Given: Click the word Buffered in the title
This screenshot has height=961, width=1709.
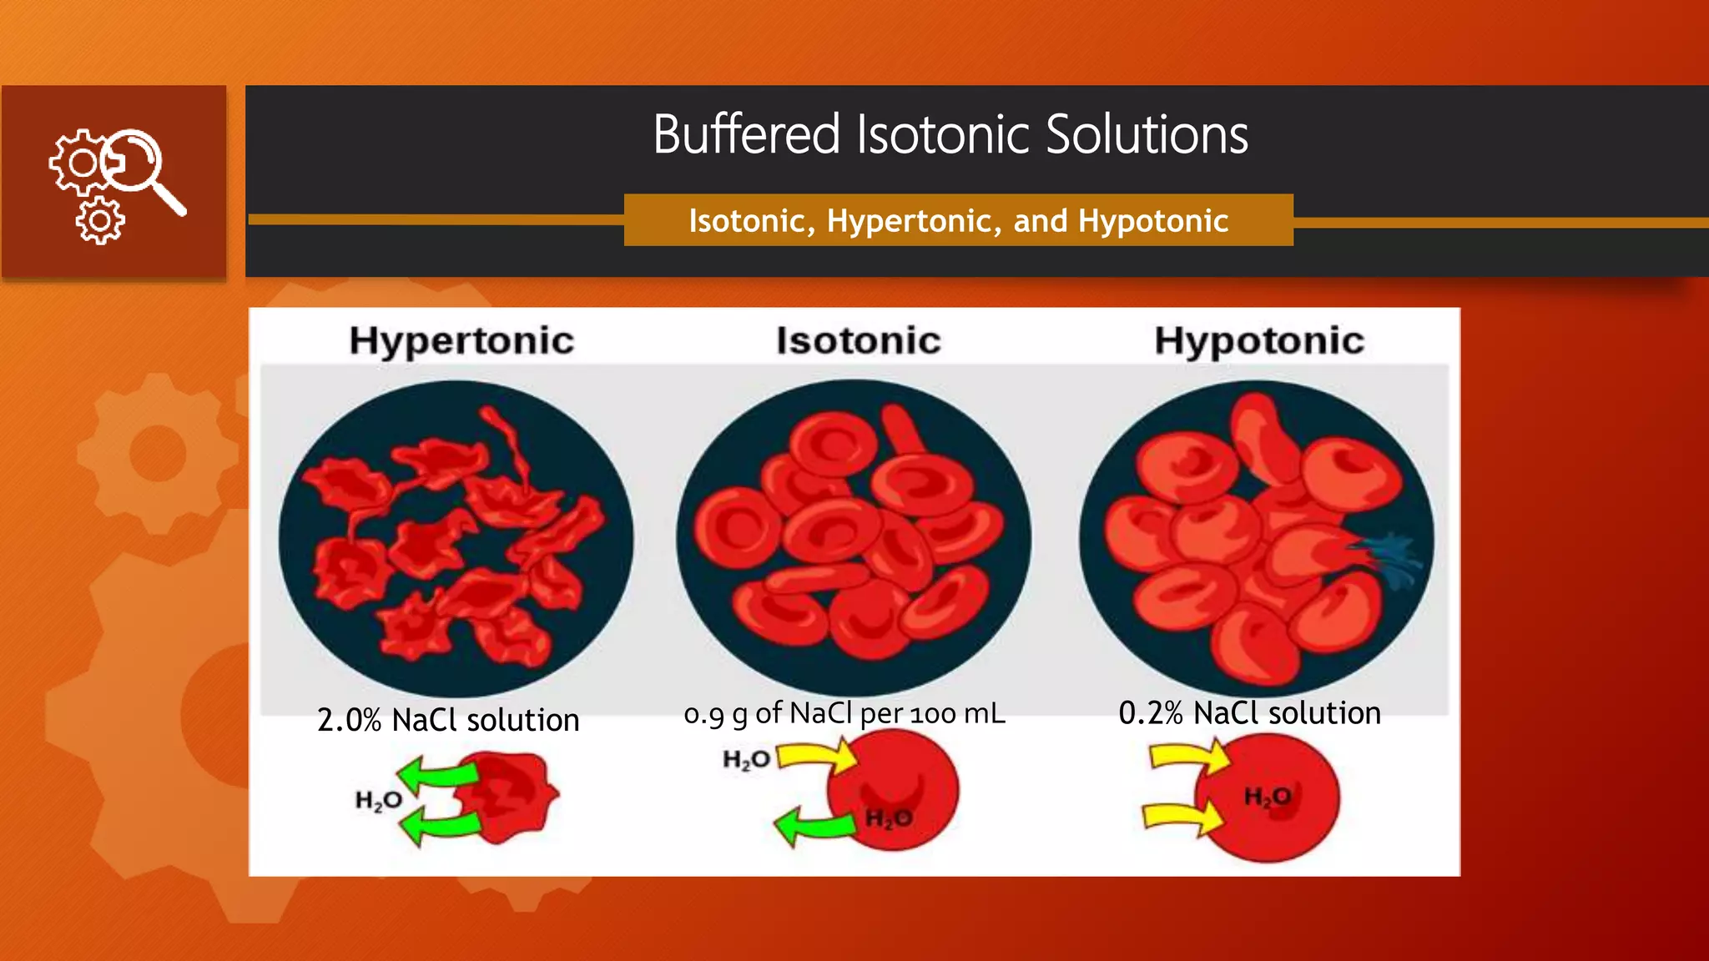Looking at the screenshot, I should (745, 134).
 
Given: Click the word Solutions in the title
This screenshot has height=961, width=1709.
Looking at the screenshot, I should (1147, 134).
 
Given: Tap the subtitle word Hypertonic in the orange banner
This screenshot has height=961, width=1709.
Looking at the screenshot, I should (914, 221).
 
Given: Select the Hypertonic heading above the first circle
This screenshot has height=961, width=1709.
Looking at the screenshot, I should (461, 340).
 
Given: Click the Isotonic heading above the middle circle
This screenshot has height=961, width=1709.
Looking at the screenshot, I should (858, 340).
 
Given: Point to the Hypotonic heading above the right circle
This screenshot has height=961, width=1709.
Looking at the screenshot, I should (1258, 340).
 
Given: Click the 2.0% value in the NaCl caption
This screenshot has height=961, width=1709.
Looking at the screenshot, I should (349, 720).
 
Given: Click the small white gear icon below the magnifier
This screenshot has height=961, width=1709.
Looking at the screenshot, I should (100, 221).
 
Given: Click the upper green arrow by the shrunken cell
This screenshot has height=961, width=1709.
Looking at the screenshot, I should (436, 774).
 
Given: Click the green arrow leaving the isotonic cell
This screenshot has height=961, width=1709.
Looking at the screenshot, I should (814, 826).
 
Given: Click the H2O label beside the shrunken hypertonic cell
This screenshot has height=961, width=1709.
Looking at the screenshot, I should (379, 801).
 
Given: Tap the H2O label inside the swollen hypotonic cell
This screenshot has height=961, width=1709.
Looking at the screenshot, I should (1267, 797).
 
